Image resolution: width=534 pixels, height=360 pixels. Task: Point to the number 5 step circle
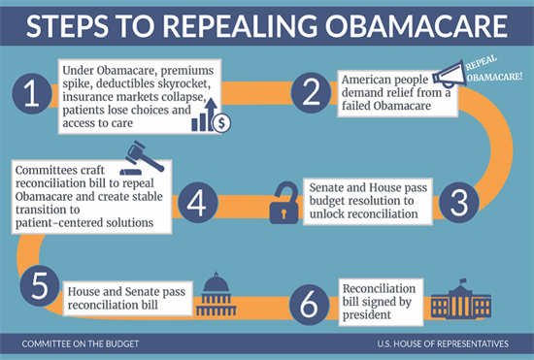coord(35,286)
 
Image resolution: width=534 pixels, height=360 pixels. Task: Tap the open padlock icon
coord(284,197)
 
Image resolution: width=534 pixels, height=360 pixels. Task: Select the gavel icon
coord(142,154)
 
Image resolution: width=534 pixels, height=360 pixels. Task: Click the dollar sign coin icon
coord(221,122)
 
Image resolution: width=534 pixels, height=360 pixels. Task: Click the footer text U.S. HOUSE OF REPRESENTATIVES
coord(443,344)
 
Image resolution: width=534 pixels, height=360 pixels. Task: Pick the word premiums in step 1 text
coord(187,69)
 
